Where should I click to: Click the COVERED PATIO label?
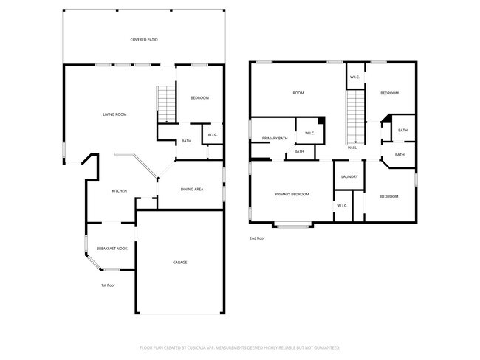pyautogui.click(x=144, y=39)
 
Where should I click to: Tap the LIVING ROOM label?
pyautogui.click(x=114, y=114)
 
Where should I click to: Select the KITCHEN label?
pyautogui.click(x=119, y=191)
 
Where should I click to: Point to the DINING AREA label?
pyautogui.click(x=192, y=190)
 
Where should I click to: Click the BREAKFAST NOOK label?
pyautogui.click(x=112, y=249)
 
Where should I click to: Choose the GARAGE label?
pyautogui.click(x=179, y=263)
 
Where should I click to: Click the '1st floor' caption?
pyautogui.click(x=109, y=285)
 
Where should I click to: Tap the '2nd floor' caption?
pyautogui.click(x=257, y=238)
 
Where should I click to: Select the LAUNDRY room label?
pyautogui.click(x=349, y=177)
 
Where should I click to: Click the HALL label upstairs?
pyautogui.click(x=352, y=148)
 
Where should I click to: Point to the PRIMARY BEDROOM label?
pyautogui.click(x=292, y=194)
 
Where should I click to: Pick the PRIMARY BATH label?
pyautogui.click(x=275, y=138)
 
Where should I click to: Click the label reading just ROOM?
pyautogui.click(x=298, y=93)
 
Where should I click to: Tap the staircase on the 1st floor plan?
pyautogui.click(x=166, y=104)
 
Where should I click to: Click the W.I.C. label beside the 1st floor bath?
pyautogui.click(x=211, y=134)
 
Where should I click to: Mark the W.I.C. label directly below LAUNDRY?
pyautogui.click(x=342, y=205)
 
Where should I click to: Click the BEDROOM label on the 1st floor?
pyautogui.click(x=199, y=98)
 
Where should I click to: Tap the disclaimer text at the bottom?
pyautogui.click(x=239, y=347)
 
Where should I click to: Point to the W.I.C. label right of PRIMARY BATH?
pyautogui.click(x=309, y=134)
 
